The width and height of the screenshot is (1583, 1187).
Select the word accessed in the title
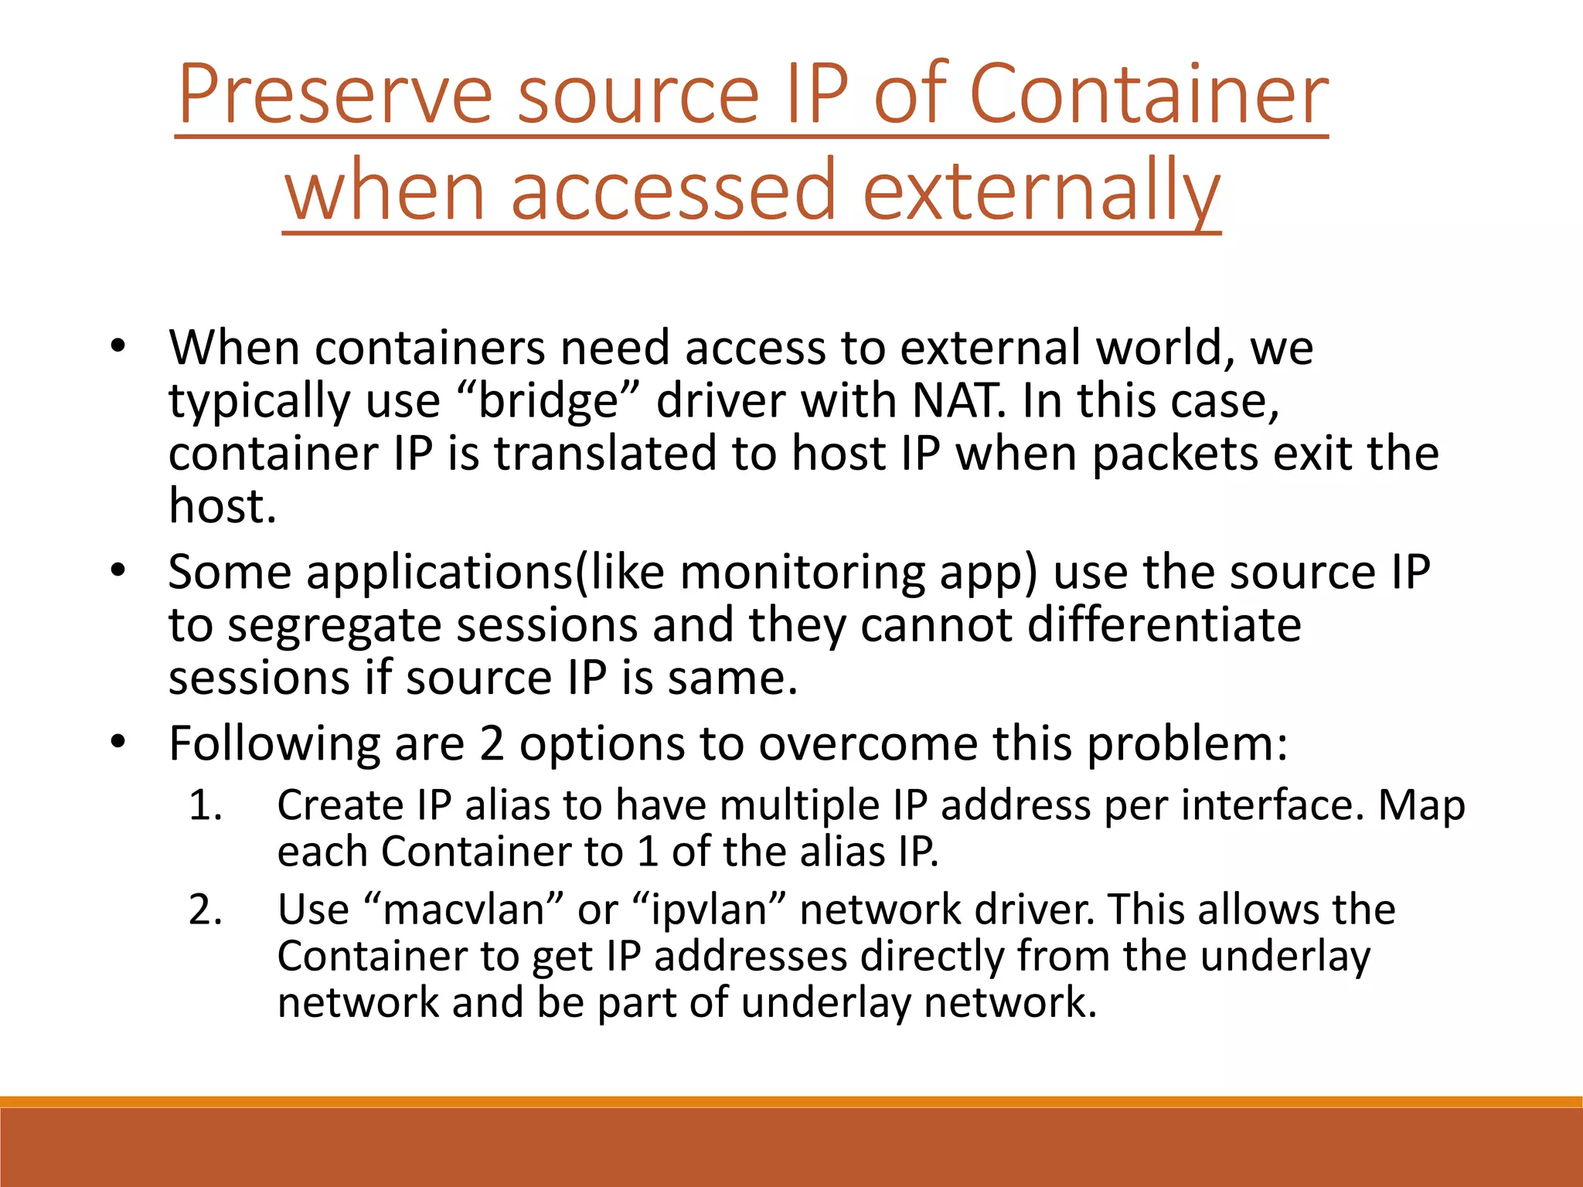672,190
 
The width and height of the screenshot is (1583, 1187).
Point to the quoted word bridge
549,400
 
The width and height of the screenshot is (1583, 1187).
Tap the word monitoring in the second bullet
802,573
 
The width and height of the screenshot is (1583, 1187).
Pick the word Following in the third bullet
274,743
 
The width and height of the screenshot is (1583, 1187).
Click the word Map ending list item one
1421,805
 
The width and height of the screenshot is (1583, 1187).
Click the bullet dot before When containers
117,346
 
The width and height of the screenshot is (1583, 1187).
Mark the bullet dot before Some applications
117,571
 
